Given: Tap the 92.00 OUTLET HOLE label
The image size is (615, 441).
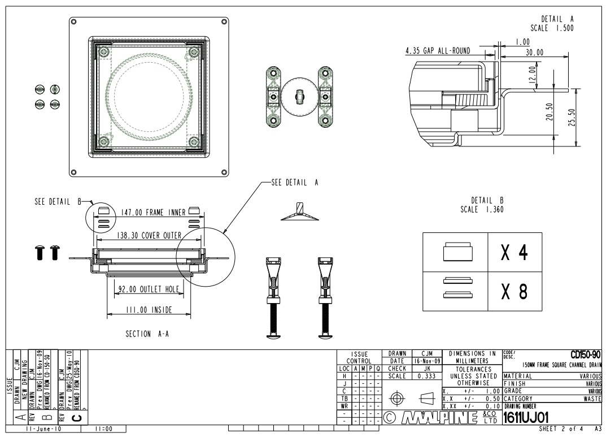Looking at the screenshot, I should click(148, 289).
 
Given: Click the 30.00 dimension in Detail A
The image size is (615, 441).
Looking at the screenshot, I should click(534, 52).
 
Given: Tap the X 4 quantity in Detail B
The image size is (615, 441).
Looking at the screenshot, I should click(514, 253).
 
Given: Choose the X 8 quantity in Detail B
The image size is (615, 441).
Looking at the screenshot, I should click(514, 291).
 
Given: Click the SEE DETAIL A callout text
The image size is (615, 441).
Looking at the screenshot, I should click(294, 182).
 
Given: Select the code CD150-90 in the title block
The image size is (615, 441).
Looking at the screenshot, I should click(586, 354).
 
